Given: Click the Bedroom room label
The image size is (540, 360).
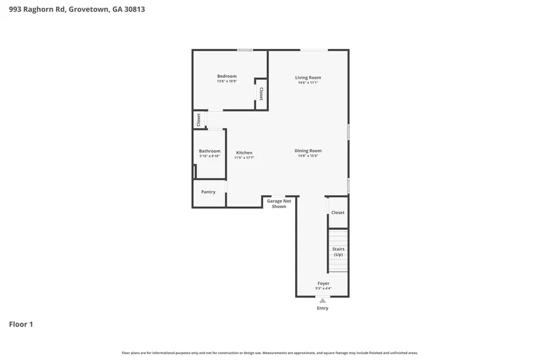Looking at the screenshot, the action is pyautogui.click(x=226, y=76).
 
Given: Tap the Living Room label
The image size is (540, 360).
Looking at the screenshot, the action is pyautogui.click(x=308, y=77).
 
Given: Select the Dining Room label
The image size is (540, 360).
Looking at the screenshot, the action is pyautogui.click(x=308, y=151).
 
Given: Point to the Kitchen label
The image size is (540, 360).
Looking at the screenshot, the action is pyautogui.click(x=244, y=153).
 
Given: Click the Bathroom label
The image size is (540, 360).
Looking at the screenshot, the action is pyautogui.click(x=209, y=151).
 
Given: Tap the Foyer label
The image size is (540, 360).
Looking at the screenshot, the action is pyautogui.click(x=323, y=283).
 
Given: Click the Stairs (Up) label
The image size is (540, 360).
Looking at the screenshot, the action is pyautogui.click(x=338, y=251).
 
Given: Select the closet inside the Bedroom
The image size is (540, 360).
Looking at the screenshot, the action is pyautogui.click(x=261, y=94).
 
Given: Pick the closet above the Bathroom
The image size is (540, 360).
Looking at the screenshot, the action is pyautogui.click(x=198, y=120).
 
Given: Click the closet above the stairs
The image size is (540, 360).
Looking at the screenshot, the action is pyautogui.click(x=338, y=213).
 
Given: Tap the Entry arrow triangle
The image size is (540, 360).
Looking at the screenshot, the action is pyautogui.click(x=322, y=300).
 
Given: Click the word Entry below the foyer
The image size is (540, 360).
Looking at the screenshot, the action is pyautogui.click(x=322, y=308).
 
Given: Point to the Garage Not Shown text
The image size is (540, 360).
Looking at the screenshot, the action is pyautogui.click(x=279, y=204).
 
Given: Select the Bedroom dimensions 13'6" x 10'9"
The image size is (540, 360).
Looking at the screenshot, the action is pyautogui.click(x=226, y=81).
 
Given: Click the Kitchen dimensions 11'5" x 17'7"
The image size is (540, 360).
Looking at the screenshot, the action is pyautogui.click(x=244, y=158).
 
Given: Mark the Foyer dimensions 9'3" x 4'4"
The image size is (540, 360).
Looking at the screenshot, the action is pyautogui.click(x=323, y=289).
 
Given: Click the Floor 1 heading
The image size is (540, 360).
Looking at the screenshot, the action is pyautogui.click(x=21, y=324).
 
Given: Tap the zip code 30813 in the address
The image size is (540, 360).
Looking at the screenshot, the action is pyautogui.click(x=135, y=9).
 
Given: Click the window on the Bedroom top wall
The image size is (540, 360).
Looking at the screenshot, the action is pyautogui.click(x=245, y=50).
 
